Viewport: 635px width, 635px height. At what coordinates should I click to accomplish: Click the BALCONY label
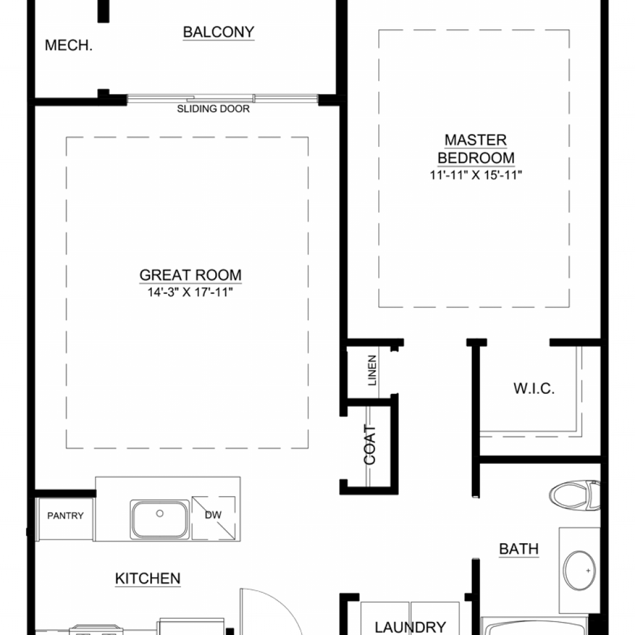219,32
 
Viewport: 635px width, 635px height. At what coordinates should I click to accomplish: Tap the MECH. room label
69,45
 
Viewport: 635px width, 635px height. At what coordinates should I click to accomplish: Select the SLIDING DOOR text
213,109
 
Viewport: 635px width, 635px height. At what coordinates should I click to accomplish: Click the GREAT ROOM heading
190,275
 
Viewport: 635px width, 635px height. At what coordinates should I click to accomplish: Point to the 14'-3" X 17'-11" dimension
190,292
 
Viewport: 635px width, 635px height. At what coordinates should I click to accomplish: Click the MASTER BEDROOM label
476,149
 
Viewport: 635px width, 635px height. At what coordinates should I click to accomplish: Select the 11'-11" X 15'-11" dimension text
476,175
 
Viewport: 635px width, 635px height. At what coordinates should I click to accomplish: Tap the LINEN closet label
372,370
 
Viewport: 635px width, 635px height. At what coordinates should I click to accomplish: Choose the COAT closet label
370,445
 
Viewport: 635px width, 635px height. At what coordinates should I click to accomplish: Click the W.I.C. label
534,388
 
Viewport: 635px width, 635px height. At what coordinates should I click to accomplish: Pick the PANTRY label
65,515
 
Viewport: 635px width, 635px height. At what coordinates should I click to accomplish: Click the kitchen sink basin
160,520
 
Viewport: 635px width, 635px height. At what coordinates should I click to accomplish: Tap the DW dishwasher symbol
213,518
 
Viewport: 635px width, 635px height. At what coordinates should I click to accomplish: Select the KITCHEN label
148,579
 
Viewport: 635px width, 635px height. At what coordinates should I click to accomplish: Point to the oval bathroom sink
580,571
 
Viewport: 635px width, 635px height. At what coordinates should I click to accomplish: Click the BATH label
519,549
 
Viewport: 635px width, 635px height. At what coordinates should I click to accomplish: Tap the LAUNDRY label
411,627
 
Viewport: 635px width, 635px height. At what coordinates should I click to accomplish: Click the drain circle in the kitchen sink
160,513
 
